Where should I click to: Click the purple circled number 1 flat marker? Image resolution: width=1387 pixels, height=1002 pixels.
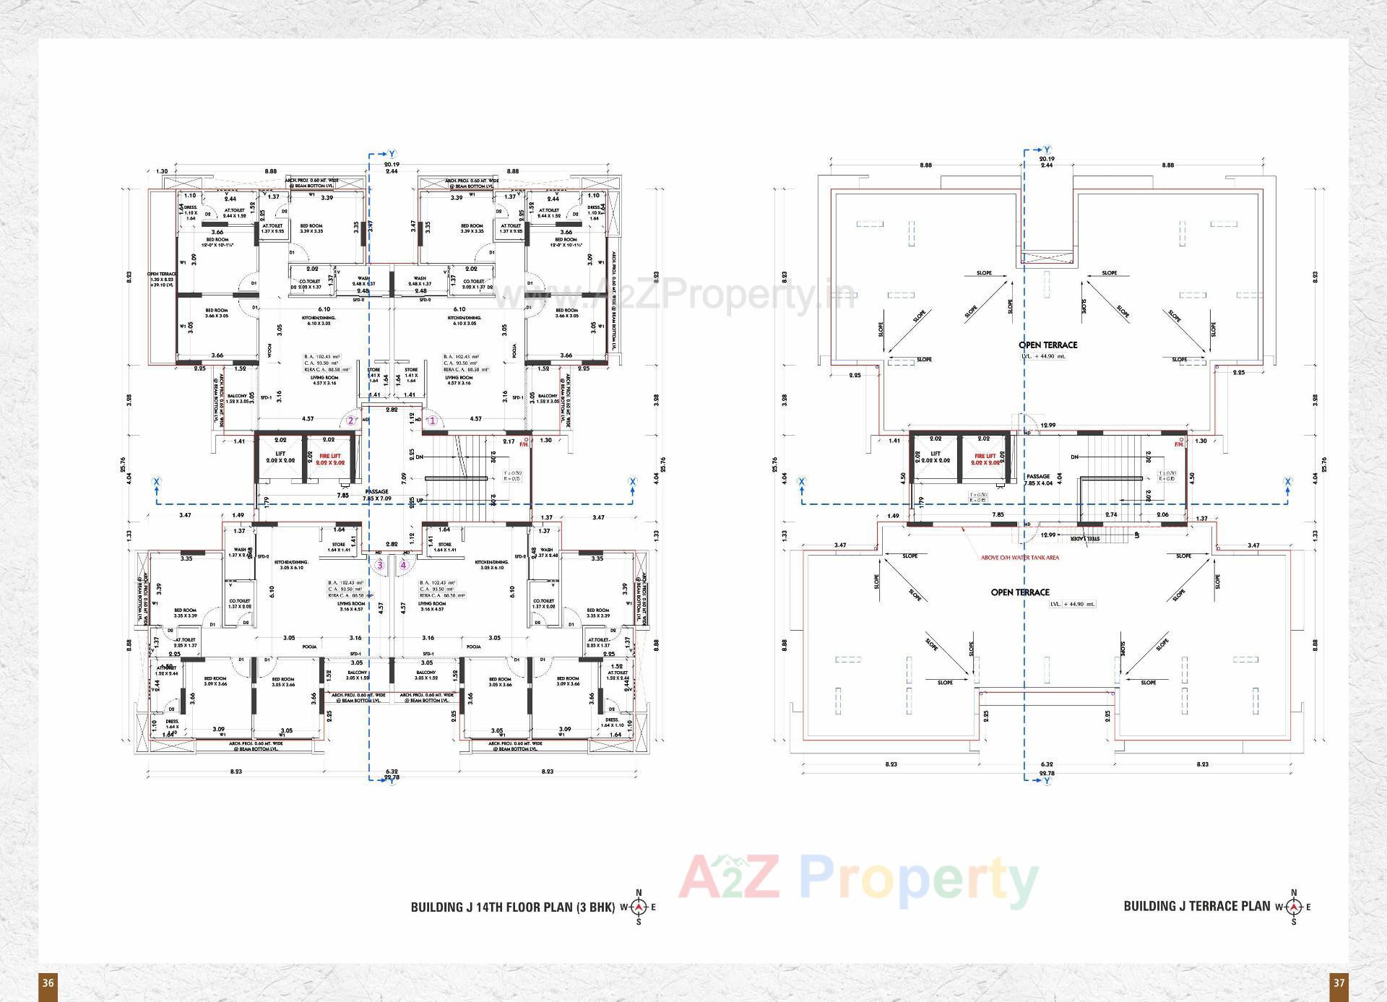click(432, 420)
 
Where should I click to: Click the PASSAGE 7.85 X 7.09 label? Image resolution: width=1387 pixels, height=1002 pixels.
click(376, 495)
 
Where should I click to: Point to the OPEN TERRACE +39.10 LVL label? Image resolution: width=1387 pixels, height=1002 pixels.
click(162, 280)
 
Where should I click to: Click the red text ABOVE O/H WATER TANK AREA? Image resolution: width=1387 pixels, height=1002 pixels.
click(1019, 558)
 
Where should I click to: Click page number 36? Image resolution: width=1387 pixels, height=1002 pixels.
click(48, 982)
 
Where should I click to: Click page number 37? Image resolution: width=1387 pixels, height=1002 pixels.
click(1339, 982)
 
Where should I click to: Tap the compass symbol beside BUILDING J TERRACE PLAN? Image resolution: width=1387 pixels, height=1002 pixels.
click(1293, 907)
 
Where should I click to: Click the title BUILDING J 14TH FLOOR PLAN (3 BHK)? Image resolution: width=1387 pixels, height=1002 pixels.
click(512, 907)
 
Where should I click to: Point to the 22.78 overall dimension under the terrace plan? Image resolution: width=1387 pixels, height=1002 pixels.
click(1046, 773)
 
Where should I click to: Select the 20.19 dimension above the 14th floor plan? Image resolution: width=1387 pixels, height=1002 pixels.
click(392, 165)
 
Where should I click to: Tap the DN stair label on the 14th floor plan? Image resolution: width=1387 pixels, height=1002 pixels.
click(419, 457)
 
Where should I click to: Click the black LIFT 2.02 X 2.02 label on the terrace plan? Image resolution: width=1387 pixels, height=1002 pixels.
click(936, 457)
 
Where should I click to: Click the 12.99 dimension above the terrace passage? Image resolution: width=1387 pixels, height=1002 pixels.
click(1047, 426)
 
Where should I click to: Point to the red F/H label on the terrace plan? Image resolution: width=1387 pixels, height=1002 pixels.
click(1178, 444)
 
